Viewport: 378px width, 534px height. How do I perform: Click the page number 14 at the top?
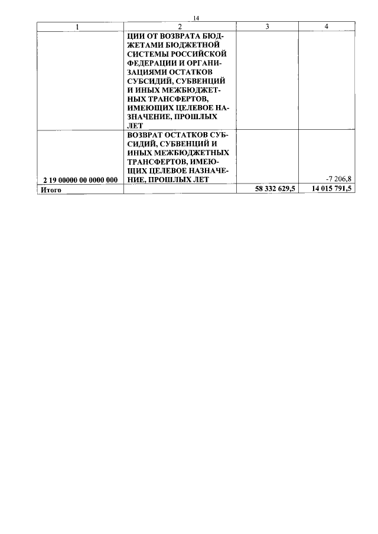(195, 18)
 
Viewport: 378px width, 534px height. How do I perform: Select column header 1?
(78, 27)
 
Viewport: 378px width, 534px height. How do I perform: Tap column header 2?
(180, 27)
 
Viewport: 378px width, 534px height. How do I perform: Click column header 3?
(267, 27)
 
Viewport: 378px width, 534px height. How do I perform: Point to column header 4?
(327, 27)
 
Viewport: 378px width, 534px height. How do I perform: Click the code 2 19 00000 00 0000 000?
(80, 180)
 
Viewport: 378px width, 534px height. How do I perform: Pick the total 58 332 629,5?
(275, 189)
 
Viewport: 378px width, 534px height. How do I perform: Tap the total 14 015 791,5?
(332, 188)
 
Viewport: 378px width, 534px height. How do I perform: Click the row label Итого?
(51, 190)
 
